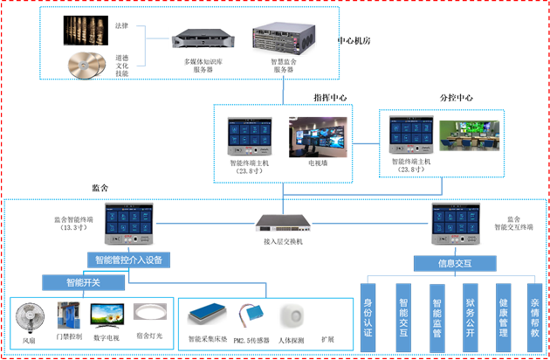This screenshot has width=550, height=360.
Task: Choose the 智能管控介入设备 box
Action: point(127,260)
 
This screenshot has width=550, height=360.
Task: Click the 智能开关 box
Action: point(83,282)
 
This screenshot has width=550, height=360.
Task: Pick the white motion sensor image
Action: point(290,315)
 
